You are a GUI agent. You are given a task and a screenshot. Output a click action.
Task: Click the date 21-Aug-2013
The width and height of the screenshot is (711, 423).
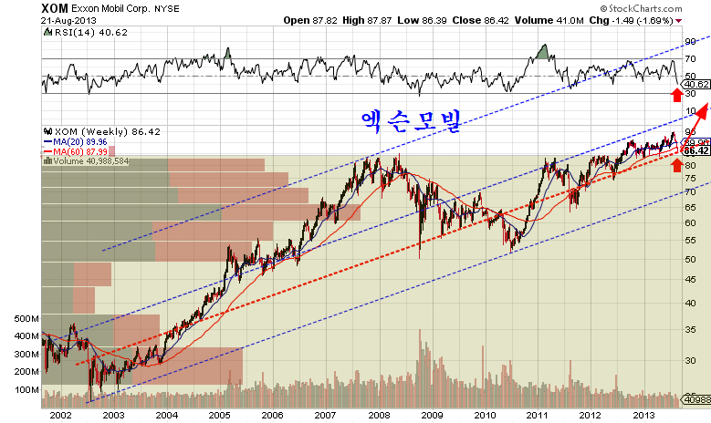click(x=70, y=19)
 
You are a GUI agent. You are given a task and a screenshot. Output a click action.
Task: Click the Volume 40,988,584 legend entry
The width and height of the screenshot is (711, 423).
click(x=99, y=161)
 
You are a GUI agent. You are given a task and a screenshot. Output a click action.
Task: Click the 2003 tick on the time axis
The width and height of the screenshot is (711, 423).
click(x=112, y=415)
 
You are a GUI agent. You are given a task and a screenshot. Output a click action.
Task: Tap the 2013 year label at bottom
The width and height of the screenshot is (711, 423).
click(x=643, y=415)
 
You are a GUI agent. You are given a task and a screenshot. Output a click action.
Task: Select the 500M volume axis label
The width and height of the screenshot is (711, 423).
click(x=26, y=320)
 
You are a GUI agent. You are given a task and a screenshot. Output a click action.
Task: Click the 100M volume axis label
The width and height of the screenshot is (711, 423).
click(x=26, y=390)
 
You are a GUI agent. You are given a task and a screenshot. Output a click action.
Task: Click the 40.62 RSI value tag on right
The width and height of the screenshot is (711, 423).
click(x=696, y=84)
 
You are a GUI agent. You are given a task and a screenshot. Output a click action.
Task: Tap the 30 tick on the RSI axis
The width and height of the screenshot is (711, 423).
click(x=691, y=93)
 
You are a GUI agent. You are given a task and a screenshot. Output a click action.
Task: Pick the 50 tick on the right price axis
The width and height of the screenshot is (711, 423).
click(x=691, y=259)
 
